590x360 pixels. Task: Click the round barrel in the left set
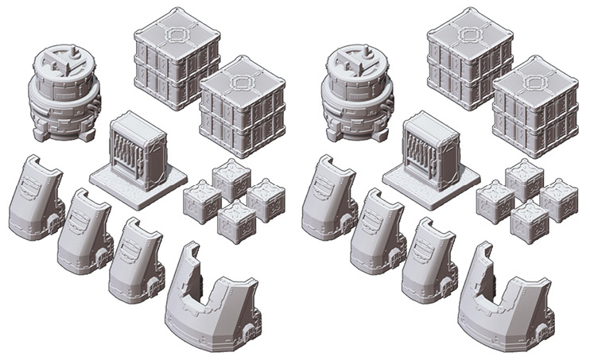(x=63, y=99)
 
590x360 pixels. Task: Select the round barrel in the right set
(x=356, y=99)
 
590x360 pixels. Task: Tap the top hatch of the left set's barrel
(x=64, y=60)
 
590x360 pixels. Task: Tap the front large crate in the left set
(x=239, y=103)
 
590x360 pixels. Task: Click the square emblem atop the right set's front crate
(x=535, y=79)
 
